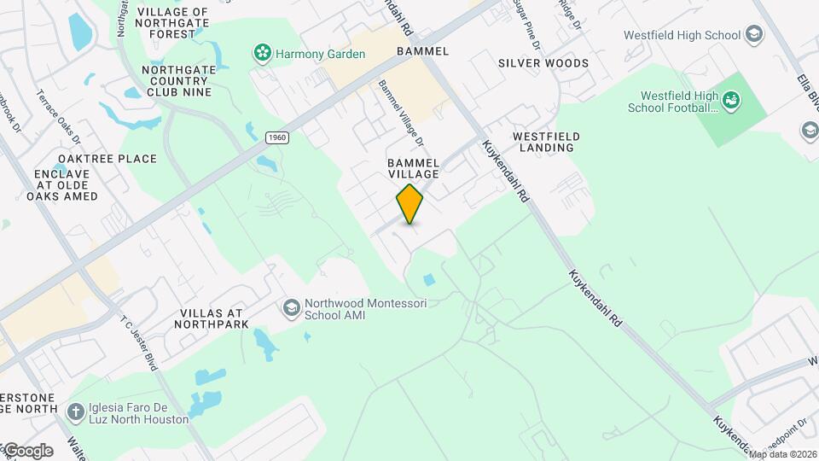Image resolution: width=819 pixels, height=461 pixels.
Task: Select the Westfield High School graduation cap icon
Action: point(753,35)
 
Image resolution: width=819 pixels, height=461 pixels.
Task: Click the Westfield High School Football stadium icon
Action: point(731,102)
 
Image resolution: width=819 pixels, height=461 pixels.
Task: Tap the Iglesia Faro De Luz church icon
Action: point(76,411)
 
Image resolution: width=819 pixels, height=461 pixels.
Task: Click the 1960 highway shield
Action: point(276,137)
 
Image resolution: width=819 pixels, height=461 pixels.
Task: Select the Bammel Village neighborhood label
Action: point(413,167)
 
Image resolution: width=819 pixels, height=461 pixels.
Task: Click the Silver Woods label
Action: point(543,63)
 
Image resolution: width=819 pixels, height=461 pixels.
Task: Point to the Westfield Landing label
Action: point(547,142)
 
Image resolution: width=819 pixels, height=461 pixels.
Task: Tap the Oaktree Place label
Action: point(107,159)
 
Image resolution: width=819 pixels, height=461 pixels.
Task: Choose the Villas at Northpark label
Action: point(214,318)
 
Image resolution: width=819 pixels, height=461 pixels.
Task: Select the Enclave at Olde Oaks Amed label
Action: point(66,185)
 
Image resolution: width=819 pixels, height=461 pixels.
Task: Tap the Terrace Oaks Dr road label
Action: point(59,116)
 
